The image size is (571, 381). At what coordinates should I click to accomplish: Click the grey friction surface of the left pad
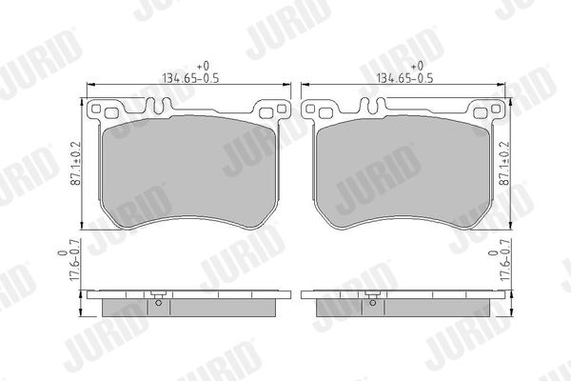click(x=187, y=171)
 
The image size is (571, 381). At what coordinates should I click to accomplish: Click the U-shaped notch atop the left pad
click(x=187, y=104)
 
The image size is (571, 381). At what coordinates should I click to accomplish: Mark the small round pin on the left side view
click(x=158, y=305)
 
